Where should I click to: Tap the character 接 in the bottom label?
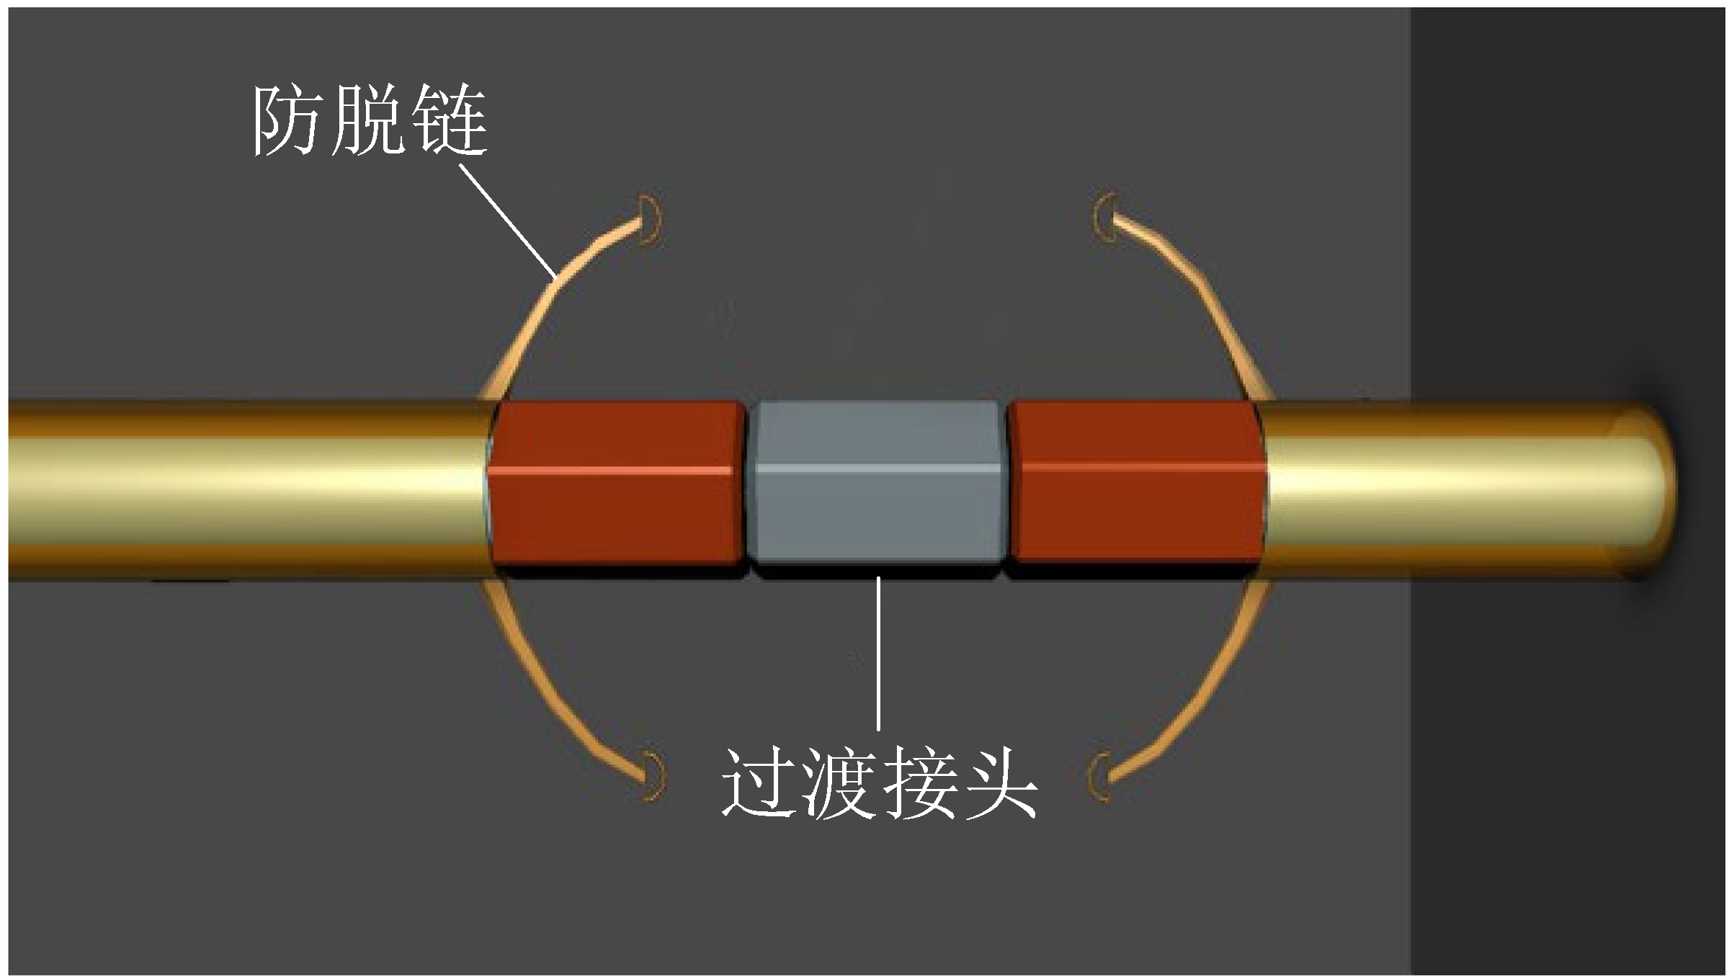point(919,783)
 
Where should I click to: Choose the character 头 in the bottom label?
point(998,783)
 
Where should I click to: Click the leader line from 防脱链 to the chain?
point(508,220)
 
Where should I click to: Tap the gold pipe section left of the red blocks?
point(245,490)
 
